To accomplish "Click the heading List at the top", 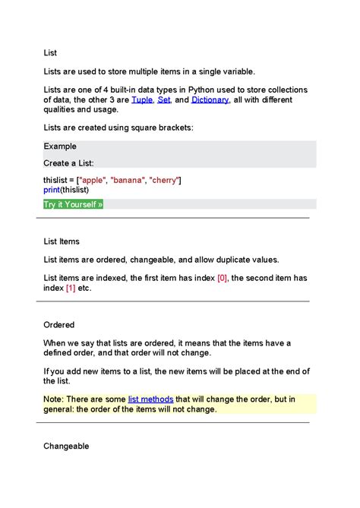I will click(x=50, y=53).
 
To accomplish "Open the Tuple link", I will click(x=142, y=99).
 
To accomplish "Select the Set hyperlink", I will click(x=164, y=99).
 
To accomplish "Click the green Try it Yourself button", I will click(x=73, y=204).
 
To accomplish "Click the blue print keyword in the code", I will click(x=52, y=189).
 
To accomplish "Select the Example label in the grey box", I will click(x=60, y=147).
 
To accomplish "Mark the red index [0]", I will click(x=223, y=278).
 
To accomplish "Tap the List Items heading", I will click(x=62, y=241).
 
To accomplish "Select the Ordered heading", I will click(x=59, y=325).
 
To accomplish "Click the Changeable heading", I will click(x=66, y=446).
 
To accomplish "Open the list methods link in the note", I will click(x=151, y=399).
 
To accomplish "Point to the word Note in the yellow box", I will click(x=54, y=399).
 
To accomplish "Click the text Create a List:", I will click(x=69, y=162).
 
